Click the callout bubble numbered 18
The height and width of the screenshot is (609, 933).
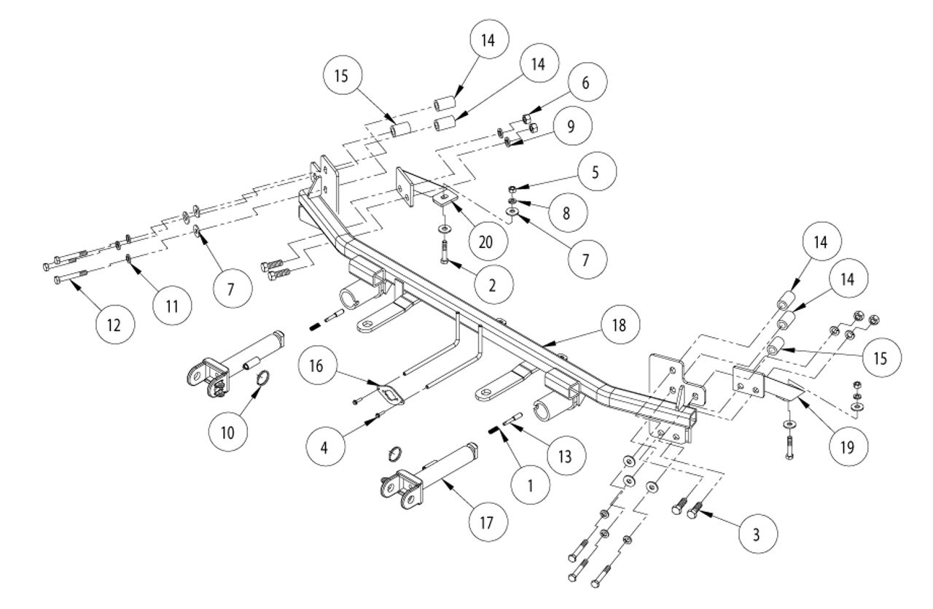[x=620, y=325]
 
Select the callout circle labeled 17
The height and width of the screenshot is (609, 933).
[x=486, y=522]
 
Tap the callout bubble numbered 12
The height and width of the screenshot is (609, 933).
[x=114, y=325]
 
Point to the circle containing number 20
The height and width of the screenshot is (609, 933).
[x=485, y=241]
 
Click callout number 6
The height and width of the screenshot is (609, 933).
[x=585, y=82]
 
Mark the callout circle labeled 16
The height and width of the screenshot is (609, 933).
[x=316, y=365]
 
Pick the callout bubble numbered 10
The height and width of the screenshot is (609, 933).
[x=227, y=432]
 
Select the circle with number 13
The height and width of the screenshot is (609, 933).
[x=565, y=456]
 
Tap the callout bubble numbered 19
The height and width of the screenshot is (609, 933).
[x=848, y=447]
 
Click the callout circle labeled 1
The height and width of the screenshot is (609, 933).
[x=530, y=485]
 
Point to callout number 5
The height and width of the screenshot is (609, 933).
[x=596, y=171]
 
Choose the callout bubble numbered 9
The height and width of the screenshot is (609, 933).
[x=571, y=126]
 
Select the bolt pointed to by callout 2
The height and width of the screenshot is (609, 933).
[x=444, y=252]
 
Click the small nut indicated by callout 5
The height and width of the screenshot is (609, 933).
[x=512, y=189]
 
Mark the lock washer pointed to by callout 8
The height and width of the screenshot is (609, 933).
[x=512, y=201]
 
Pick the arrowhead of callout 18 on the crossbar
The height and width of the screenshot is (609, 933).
[x=546, y=345]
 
